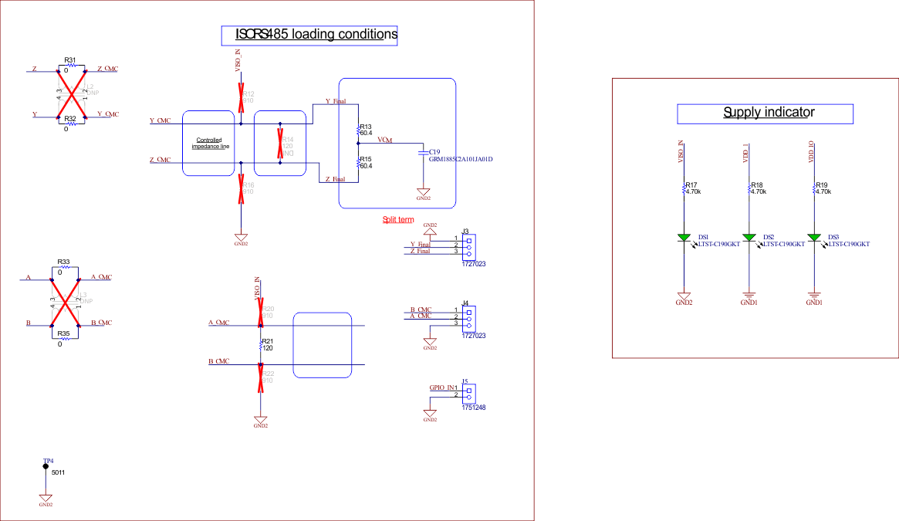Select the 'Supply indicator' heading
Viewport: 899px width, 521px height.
(768, 113)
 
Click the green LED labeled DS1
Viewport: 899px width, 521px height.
(684, 237)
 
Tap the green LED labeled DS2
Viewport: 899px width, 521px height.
(749, 237)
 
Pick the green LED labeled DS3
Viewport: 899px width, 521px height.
(813, 237)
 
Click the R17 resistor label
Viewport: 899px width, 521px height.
(691, 185)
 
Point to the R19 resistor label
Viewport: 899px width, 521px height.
(821, 185)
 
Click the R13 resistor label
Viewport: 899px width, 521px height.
(366, 127)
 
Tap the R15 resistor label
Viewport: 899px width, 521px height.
(366, 159)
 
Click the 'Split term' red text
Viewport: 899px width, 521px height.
(398, 220)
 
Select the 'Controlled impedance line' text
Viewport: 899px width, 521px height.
(211, 143)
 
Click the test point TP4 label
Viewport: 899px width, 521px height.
(48, 461)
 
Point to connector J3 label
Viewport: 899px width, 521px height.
(465, 231)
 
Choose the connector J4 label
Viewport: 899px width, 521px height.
(465, 303)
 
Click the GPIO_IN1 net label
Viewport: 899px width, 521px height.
(444, 387)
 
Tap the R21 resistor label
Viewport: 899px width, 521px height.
(268, 340)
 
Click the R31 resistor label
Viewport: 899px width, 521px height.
(70, 59)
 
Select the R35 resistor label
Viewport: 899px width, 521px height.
(64, 333)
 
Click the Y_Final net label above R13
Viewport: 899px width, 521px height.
(335, 101)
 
